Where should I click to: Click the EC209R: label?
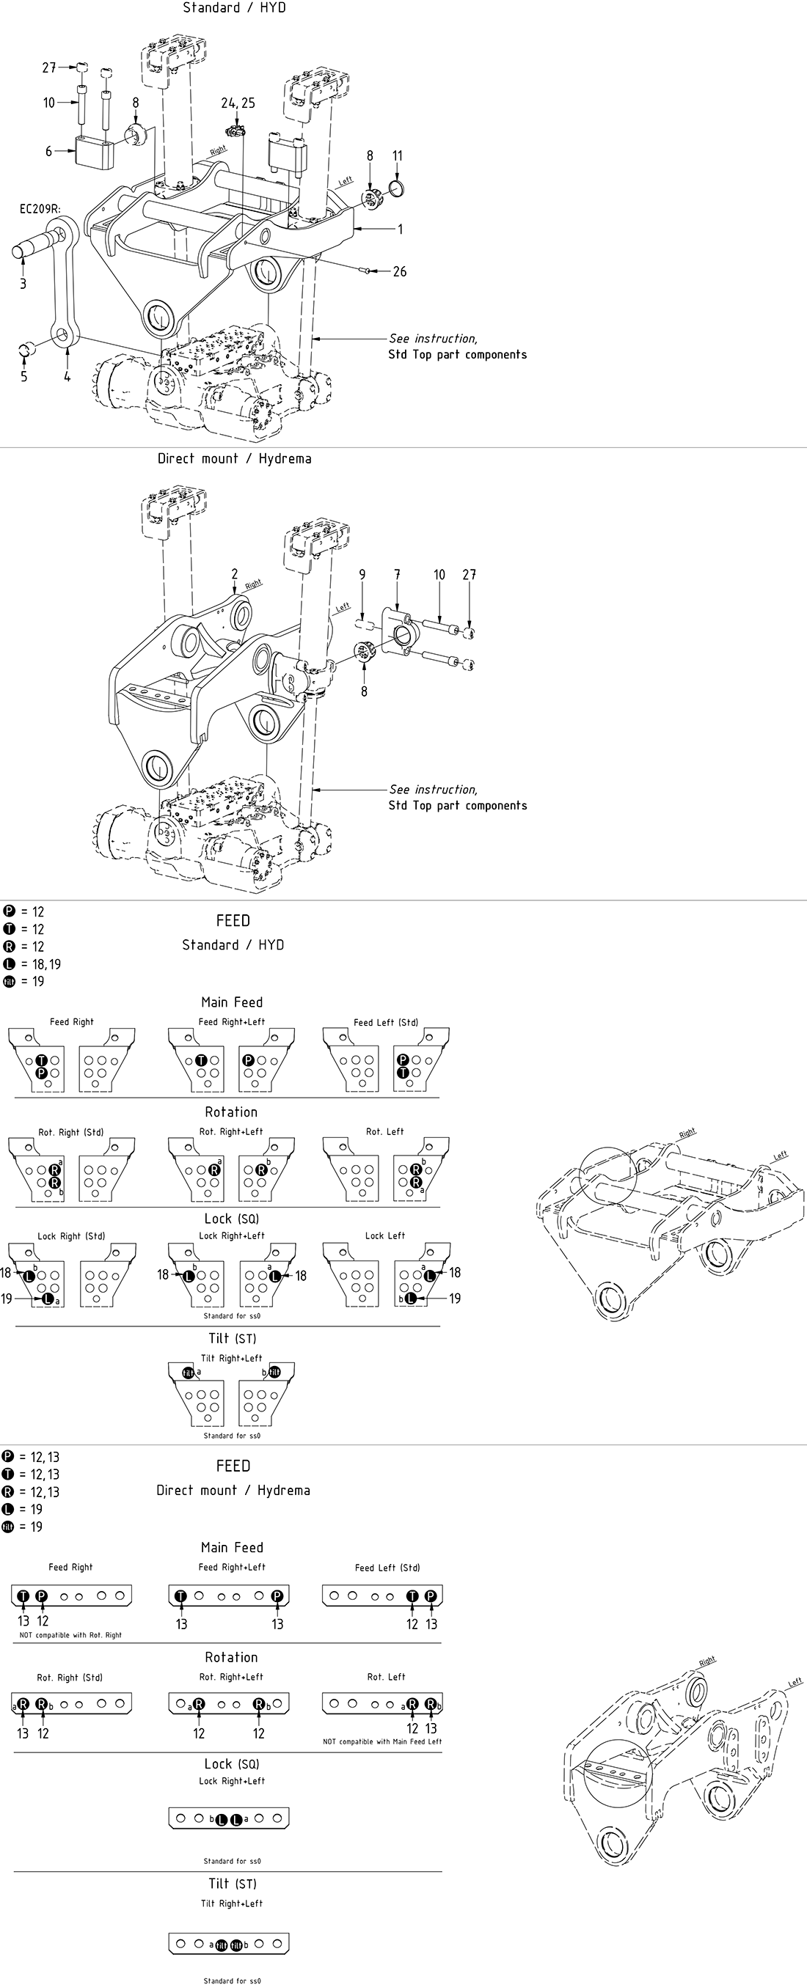click(x=40, y=208)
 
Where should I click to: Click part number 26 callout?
click(x=399, y=271)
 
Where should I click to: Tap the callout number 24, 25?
click(x=238, y=103)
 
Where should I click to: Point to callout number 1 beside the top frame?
click(x=400, y=229)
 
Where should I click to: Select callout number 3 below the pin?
click(x=23, y=284)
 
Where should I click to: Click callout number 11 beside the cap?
click(x=398, y=156)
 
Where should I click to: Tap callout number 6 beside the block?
click(x=48, y=151)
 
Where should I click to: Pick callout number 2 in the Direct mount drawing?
click(x=235, y=574)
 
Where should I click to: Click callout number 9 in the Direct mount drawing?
click(x=362, y=575)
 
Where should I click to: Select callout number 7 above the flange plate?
click(x=398, y=575)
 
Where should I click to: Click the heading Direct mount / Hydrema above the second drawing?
click(x=235, y=458)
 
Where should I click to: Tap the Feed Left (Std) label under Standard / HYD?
click(x=386, y=1023)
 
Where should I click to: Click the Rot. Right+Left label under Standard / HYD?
click(x=231, y=1131)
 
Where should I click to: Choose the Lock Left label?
click(x=385, y=1235)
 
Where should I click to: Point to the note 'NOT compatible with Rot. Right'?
click(x=70, y=1635)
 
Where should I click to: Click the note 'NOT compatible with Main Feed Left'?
click(x=384, y=1741)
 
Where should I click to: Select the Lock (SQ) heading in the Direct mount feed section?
click(x=231, y=1764)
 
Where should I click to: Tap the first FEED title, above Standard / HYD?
click(x=233, y=920)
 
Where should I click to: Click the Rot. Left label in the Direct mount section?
click(x=386, y=1677)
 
